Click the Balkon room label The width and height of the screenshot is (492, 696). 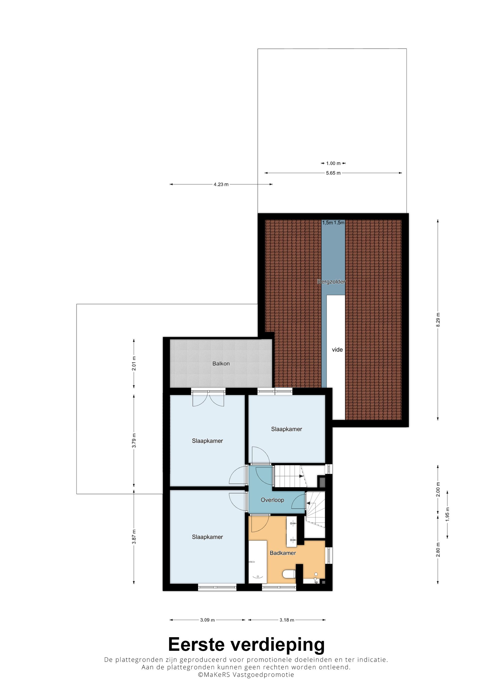click(x=221, y=363)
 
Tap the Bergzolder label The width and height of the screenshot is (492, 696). click(x=331, y=282)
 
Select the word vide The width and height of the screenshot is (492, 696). click(x=337, y=349)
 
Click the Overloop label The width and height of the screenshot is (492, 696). click(x=272, y=500)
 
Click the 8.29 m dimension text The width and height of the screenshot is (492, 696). click(x=438, y=319)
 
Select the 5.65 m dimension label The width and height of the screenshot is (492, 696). click(x=333, y=173)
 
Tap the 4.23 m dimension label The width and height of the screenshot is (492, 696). click(x=221, y=184)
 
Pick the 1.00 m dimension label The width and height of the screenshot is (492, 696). click(x=333, y=163)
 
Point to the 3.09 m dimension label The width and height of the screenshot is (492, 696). click(x=207, y=620)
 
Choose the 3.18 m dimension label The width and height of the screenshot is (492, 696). click(x=287, y=620)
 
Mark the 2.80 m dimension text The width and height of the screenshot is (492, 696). click(x=438, y=550)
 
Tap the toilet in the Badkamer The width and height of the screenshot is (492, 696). click(x=289, y=574)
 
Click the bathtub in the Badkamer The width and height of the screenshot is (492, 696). click(x=258, y=561)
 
